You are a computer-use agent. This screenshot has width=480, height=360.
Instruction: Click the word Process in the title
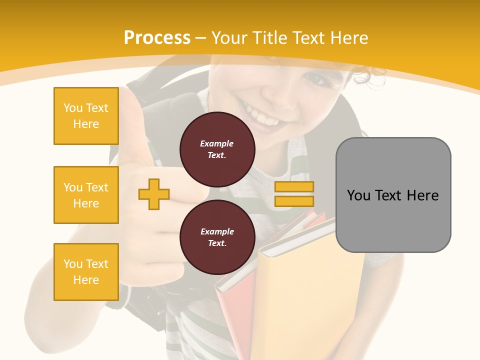[x=157, y=38]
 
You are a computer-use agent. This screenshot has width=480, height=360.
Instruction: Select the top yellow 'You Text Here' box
[x=86, y=116]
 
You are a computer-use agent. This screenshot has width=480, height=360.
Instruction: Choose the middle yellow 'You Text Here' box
[x=86, y=195]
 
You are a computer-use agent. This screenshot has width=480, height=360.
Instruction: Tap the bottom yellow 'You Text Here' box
[x=86, y=271]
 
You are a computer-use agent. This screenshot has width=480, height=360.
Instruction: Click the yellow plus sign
[x=154, y=194]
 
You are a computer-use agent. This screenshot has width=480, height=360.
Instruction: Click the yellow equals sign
[x=294, y=194]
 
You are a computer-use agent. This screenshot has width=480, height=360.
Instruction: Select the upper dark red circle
[x=217, y=149]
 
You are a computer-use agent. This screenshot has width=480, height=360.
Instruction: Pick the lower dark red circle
[x=217, y=237]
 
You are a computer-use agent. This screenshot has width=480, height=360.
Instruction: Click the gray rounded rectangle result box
[x=393, y=195]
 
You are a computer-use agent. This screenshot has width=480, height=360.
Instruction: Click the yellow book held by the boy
[x=315, y=290]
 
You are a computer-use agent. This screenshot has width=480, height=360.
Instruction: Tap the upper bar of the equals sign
[x=294, y=186]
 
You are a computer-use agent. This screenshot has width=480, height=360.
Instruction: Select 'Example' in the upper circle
[x=217, y=143]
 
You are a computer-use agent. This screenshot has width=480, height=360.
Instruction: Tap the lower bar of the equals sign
[x=294, y=201]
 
